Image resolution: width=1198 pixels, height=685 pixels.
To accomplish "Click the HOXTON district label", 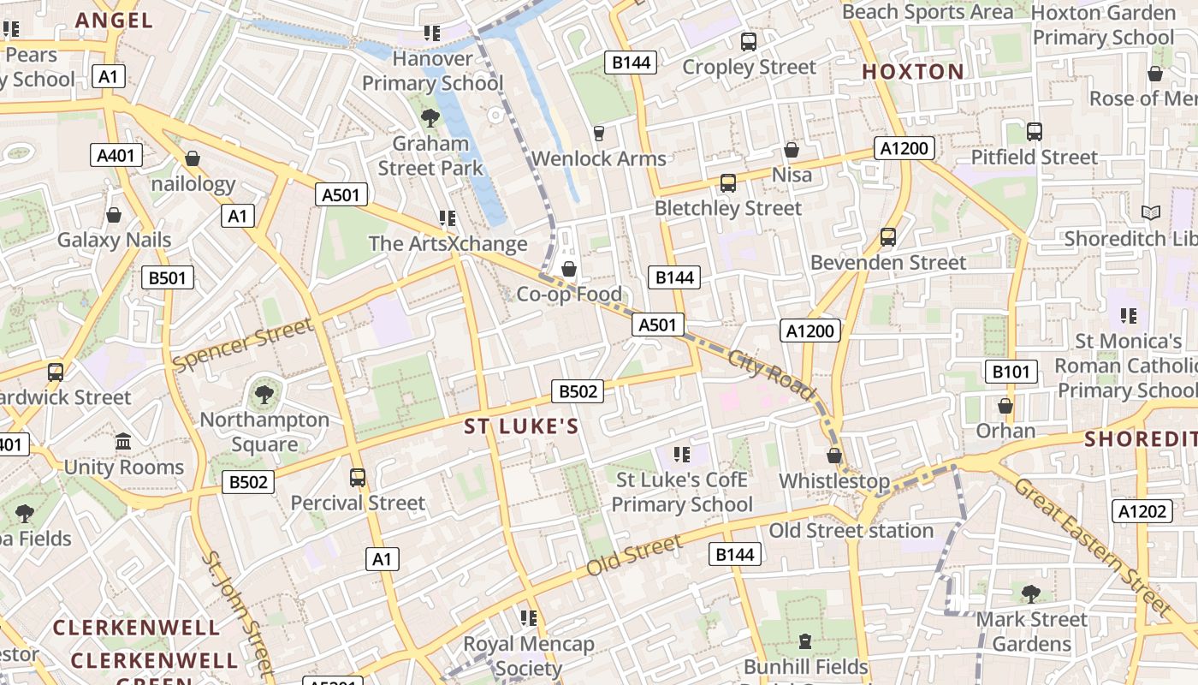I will coord(912,72).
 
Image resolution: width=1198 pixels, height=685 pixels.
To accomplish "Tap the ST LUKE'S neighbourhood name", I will coord(521,426).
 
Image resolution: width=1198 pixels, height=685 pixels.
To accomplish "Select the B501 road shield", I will coord(168,277).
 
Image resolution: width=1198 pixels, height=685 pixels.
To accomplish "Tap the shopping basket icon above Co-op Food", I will coord(568,270).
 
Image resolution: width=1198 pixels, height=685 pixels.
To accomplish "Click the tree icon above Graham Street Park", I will coord(430,117).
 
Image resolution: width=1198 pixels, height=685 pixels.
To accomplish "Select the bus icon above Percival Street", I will coord(358,477).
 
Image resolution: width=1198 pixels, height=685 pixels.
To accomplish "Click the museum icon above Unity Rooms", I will coord(123,442).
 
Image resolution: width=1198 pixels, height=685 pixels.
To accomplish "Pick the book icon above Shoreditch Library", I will coord(1150,212).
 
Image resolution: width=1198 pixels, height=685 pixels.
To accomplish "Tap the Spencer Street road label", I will coord(242,344).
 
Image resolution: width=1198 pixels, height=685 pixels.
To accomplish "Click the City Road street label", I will coord(772,374).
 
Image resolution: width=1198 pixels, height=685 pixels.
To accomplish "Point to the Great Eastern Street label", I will coord(1092,547).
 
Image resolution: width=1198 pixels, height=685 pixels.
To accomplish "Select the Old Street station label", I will coord(851,531).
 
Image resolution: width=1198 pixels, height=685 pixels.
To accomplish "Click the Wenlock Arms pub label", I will coord(598,158).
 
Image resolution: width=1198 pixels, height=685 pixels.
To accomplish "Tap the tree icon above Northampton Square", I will coord(264,394).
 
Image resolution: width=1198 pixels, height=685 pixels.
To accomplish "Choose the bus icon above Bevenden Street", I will coord(888,236).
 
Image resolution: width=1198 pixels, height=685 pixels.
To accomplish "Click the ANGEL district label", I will coord(114,20).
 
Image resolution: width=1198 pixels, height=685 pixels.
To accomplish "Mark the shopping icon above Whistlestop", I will coord(834,456).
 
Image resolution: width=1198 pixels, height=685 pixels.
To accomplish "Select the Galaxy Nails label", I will coord(114,240).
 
